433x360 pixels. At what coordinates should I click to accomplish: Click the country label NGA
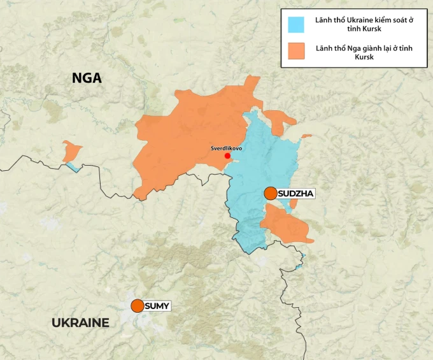click(87, 78)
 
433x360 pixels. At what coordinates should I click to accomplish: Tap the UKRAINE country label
click(80, 322)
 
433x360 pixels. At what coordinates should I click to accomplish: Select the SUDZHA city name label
click(297, 193)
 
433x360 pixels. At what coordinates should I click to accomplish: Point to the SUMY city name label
click(157, 306)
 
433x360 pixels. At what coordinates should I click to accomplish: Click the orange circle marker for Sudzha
click(271, 193)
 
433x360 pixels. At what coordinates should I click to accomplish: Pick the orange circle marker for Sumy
click(137, 306)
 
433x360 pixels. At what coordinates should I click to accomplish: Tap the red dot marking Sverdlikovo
click(227, 155)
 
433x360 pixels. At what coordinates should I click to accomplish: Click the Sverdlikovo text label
click(226, 148)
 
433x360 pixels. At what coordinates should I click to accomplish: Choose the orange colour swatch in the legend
click(295, 51)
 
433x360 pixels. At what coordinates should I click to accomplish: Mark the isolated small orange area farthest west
click(71, 151)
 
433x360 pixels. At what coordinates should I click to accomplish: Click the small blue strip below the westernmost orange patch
click(74, 168)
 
